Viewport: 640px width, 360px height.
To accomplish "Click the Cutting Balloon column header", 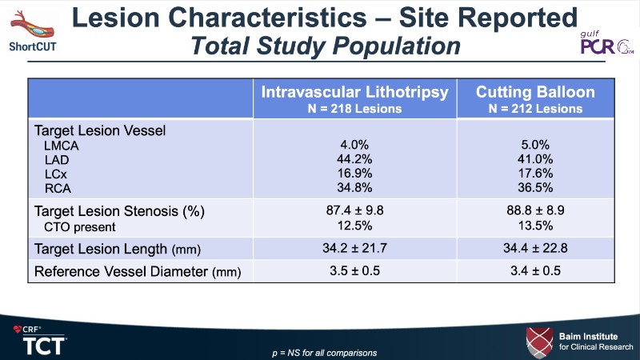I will (541, 98).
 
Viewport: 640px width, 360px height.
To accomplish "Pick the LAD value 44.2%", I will (354, 159).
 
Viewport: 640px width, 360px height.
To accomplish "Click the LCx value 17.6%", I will (541, 174).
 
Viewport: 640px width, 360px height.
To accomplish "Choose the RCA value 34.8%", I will (354, 188).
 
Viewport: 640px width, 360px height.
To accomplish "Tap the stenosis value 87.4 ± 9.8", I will (354, 211).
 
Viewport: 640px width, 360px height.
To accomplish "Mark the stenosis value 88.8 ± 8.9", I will (541, 211).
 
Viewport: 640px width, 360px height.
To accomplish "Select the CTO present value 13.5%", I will (541, 226).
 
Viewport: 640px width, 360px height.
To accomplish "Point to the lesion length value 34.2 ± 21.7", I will (354, 248).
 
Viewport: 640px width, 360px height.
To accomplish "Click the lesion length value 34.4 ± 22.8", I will (541, 248).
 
